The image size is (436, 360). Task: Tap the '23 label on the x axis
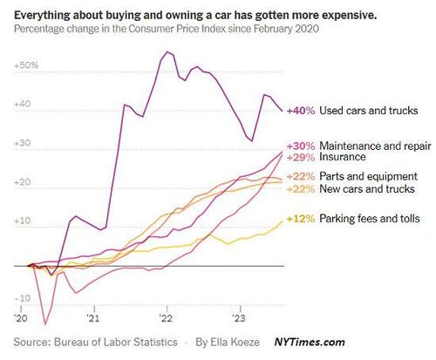(x=239, y=319)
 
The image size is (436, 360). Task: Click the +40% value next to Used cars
(x=300, y=112)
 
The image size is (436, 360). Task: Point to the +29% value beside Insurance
(x=300, y=158)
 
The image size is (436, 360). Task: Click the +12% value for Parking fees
(x=300, y=218)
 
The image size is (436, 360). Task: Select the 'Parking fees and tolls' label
(x=367, y=218)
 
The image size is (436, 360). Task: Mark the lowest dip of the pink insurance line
(x=44, y=324)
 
